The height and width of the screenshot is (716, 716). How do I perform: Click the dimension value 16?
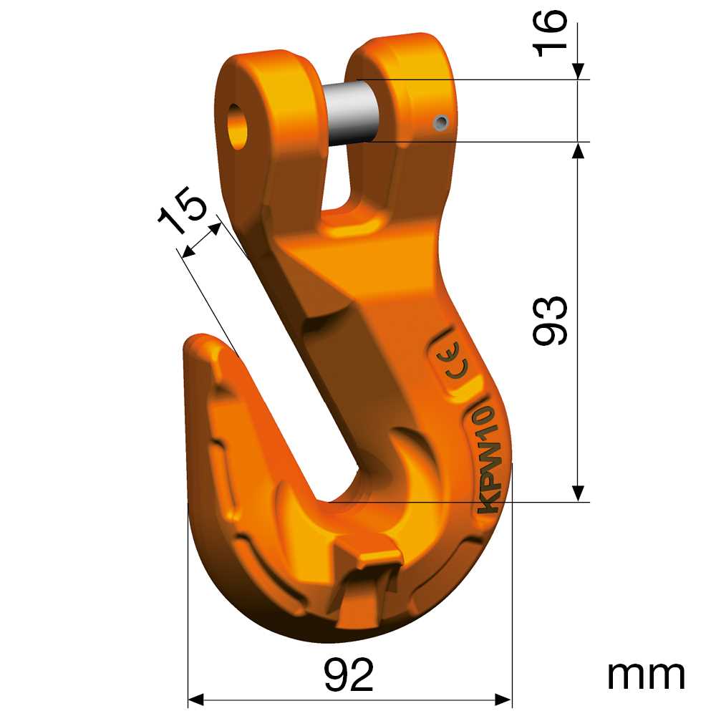pos(550,34)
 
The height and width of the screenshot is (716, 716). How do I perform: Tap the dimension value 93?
pos(550,320)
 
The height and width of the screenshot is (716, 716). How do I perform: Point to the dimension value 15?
pos(183,210)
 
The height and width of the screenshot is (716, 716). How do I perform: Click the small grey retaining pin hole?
pos(441,122)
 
